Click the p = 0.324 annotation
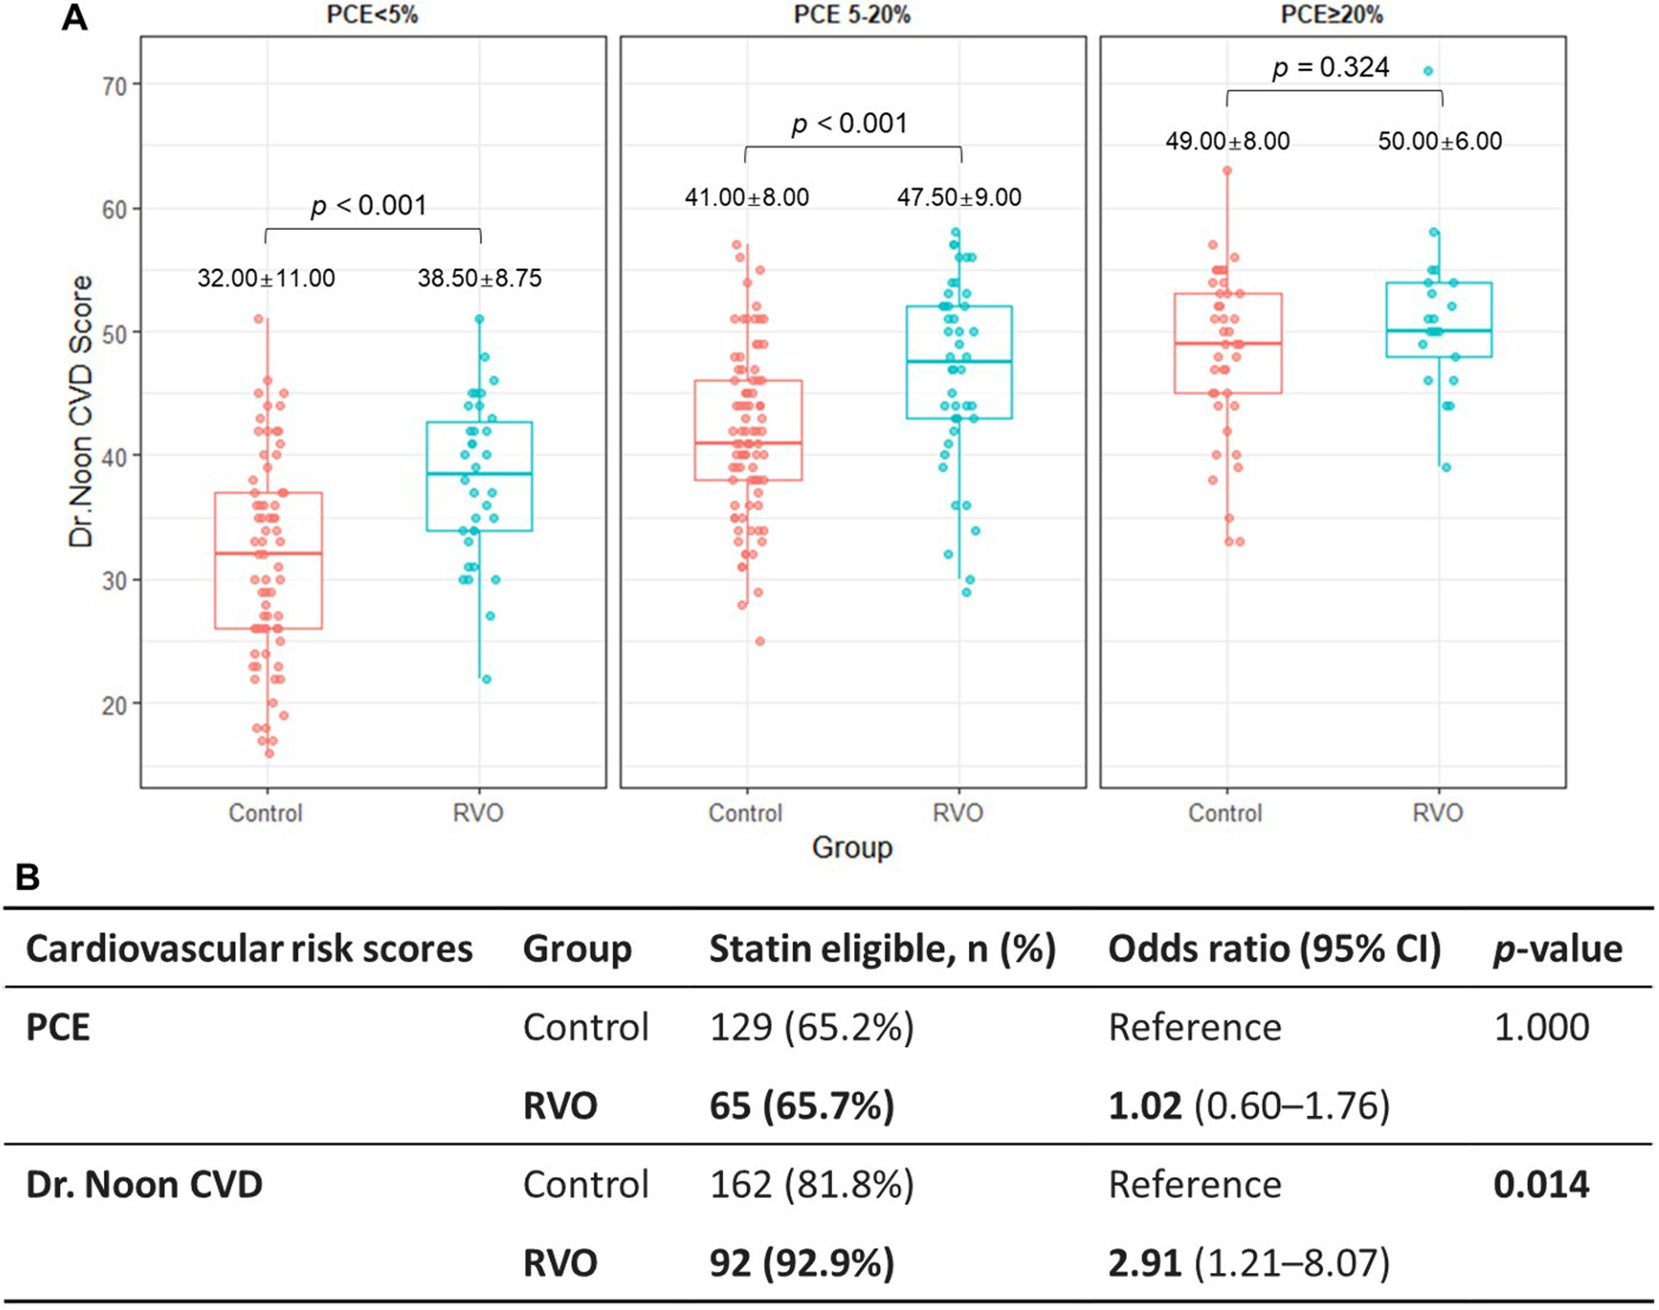point(1330,68)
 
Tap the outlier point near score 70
point(1427,71)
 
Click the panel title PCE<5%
point(372,15)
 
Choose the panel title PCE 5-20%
point(852,15)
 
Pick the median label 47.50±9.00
point(959,197)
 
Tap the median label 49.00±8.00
point(1227,141)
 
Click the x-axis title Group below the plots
point(852,847)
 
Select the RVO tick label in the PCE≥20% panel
point(1437,813)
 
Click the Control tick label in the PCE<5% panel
point(265,813)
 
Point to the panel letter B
point(28,877)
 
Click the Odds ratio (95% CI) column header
point(1274,950)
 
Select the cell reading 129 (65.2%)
point(812,1028)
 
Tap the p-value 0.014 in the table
point(1541,1185)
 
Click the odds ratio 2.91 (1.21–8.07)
point(1249,1264)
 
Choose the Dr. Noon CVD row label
point(144,1185)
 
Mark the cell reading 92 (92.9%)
point(802,1264)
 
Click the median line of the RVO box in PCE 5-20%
point(959,361)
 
